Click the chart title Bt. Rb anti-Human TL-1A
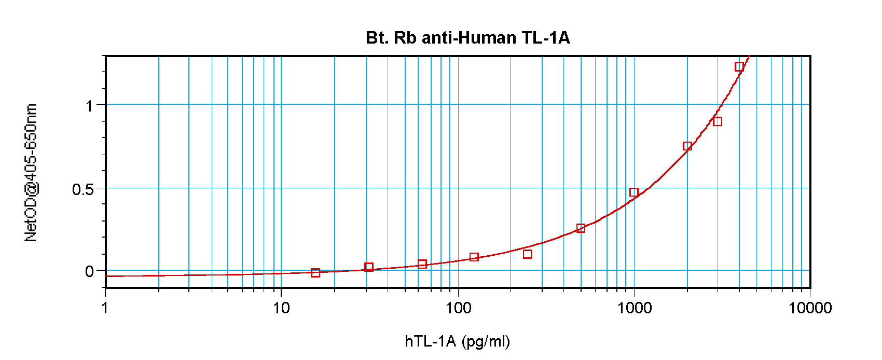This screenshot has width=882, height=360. point(467,38)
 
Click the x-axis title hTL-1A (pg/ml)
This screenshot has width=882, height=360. point(457,341)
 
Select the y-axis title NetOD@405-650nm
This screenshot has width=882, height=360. point(31,173)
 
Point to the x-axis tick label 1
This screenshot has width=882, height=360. point(105,308)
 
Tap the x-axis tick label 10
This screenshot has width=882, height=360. point(281,308)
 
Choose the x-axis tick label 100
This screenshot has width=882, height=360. point(458,308)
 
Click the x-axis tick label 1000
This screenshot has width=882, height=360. point(634,308)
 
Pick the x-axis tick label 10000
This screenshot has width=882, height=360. point(810,308)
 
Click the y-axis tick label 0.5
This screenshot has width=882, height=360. point(83,189)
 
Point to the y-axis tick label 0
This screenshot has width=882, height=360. point(89,271)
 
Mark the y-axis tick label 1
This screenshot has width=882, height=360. point(89,106)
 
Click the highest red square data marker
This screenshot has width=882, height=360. point(739,67)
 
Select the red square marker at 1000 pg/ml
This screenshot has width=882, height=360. point(634,192)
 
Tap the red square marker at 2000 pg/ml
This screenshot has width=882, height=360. point(687,146)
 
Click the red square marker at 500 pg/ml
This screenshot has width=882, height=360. point(581,228)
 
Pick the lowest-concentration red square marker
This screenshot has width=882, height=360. point(315,273)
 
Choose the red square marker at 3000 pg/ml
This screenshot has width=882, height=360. point(718,121)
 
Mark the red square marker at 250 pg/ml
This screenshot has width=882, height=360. point(527,254)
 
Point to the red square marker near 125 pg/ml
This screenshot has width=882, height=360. point(474,257)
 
